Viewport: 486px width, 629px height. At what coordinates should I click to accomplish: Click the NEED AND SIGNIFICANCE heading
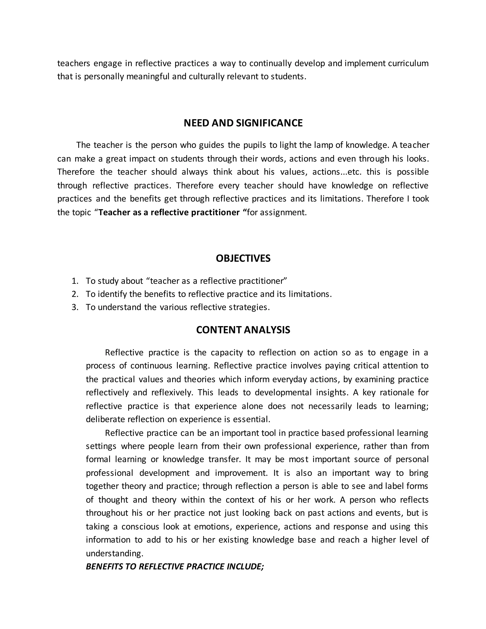coord(243,123)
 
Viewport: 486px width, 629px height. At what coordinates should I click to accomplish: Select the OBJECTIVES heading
coord(243,258)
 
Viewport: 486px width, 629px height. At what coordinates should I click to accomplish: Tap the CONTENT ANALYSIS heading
coord(243,330)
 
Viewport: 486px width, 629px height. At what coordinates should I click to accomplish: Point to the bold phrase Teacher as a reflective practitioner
coord(169,212)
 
